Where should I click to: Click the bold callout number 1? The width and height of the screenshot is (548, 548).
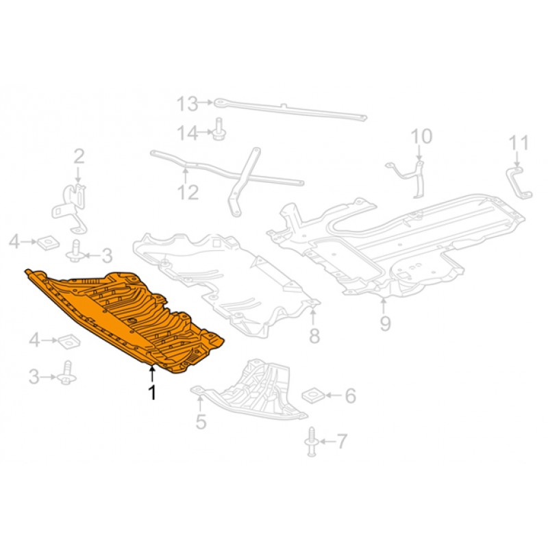152,393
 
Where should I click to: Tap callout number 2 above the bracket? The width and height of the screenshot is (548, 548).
79,157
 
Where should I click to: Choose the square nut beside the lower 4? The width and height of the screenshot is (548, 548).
69,341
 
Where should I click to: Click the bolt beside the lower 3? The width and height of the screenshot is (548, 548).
66,373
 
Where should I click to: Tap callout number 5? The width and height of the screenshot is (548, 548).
201,421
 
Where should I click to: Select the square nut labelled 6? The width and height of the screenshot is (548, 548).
313,395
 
